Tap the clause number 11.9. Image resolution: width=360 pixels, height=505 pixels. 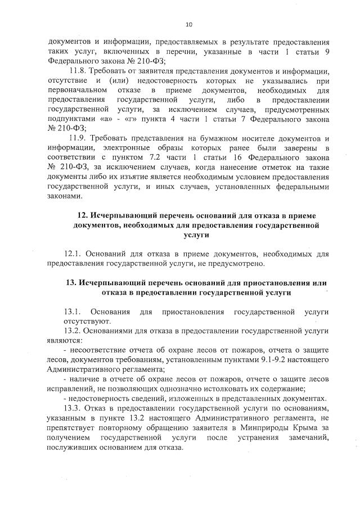77,139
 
